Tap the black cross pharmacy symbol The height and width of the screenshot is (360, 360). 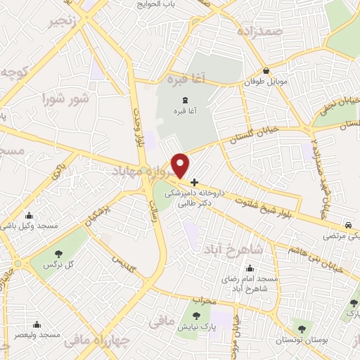pos(195,181)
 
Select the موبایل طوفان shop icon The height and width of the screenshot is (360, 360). pos(266,71)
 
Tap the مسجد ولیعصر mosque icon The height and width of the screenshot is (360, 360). pos(37,325)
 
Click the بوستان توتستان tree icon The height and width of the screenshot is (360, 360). pos(302,328)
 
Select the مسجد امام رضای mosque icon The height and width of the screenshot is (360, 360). pos(251,268)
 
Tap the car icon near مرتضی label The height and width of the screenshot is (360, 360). pos(349,225)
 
